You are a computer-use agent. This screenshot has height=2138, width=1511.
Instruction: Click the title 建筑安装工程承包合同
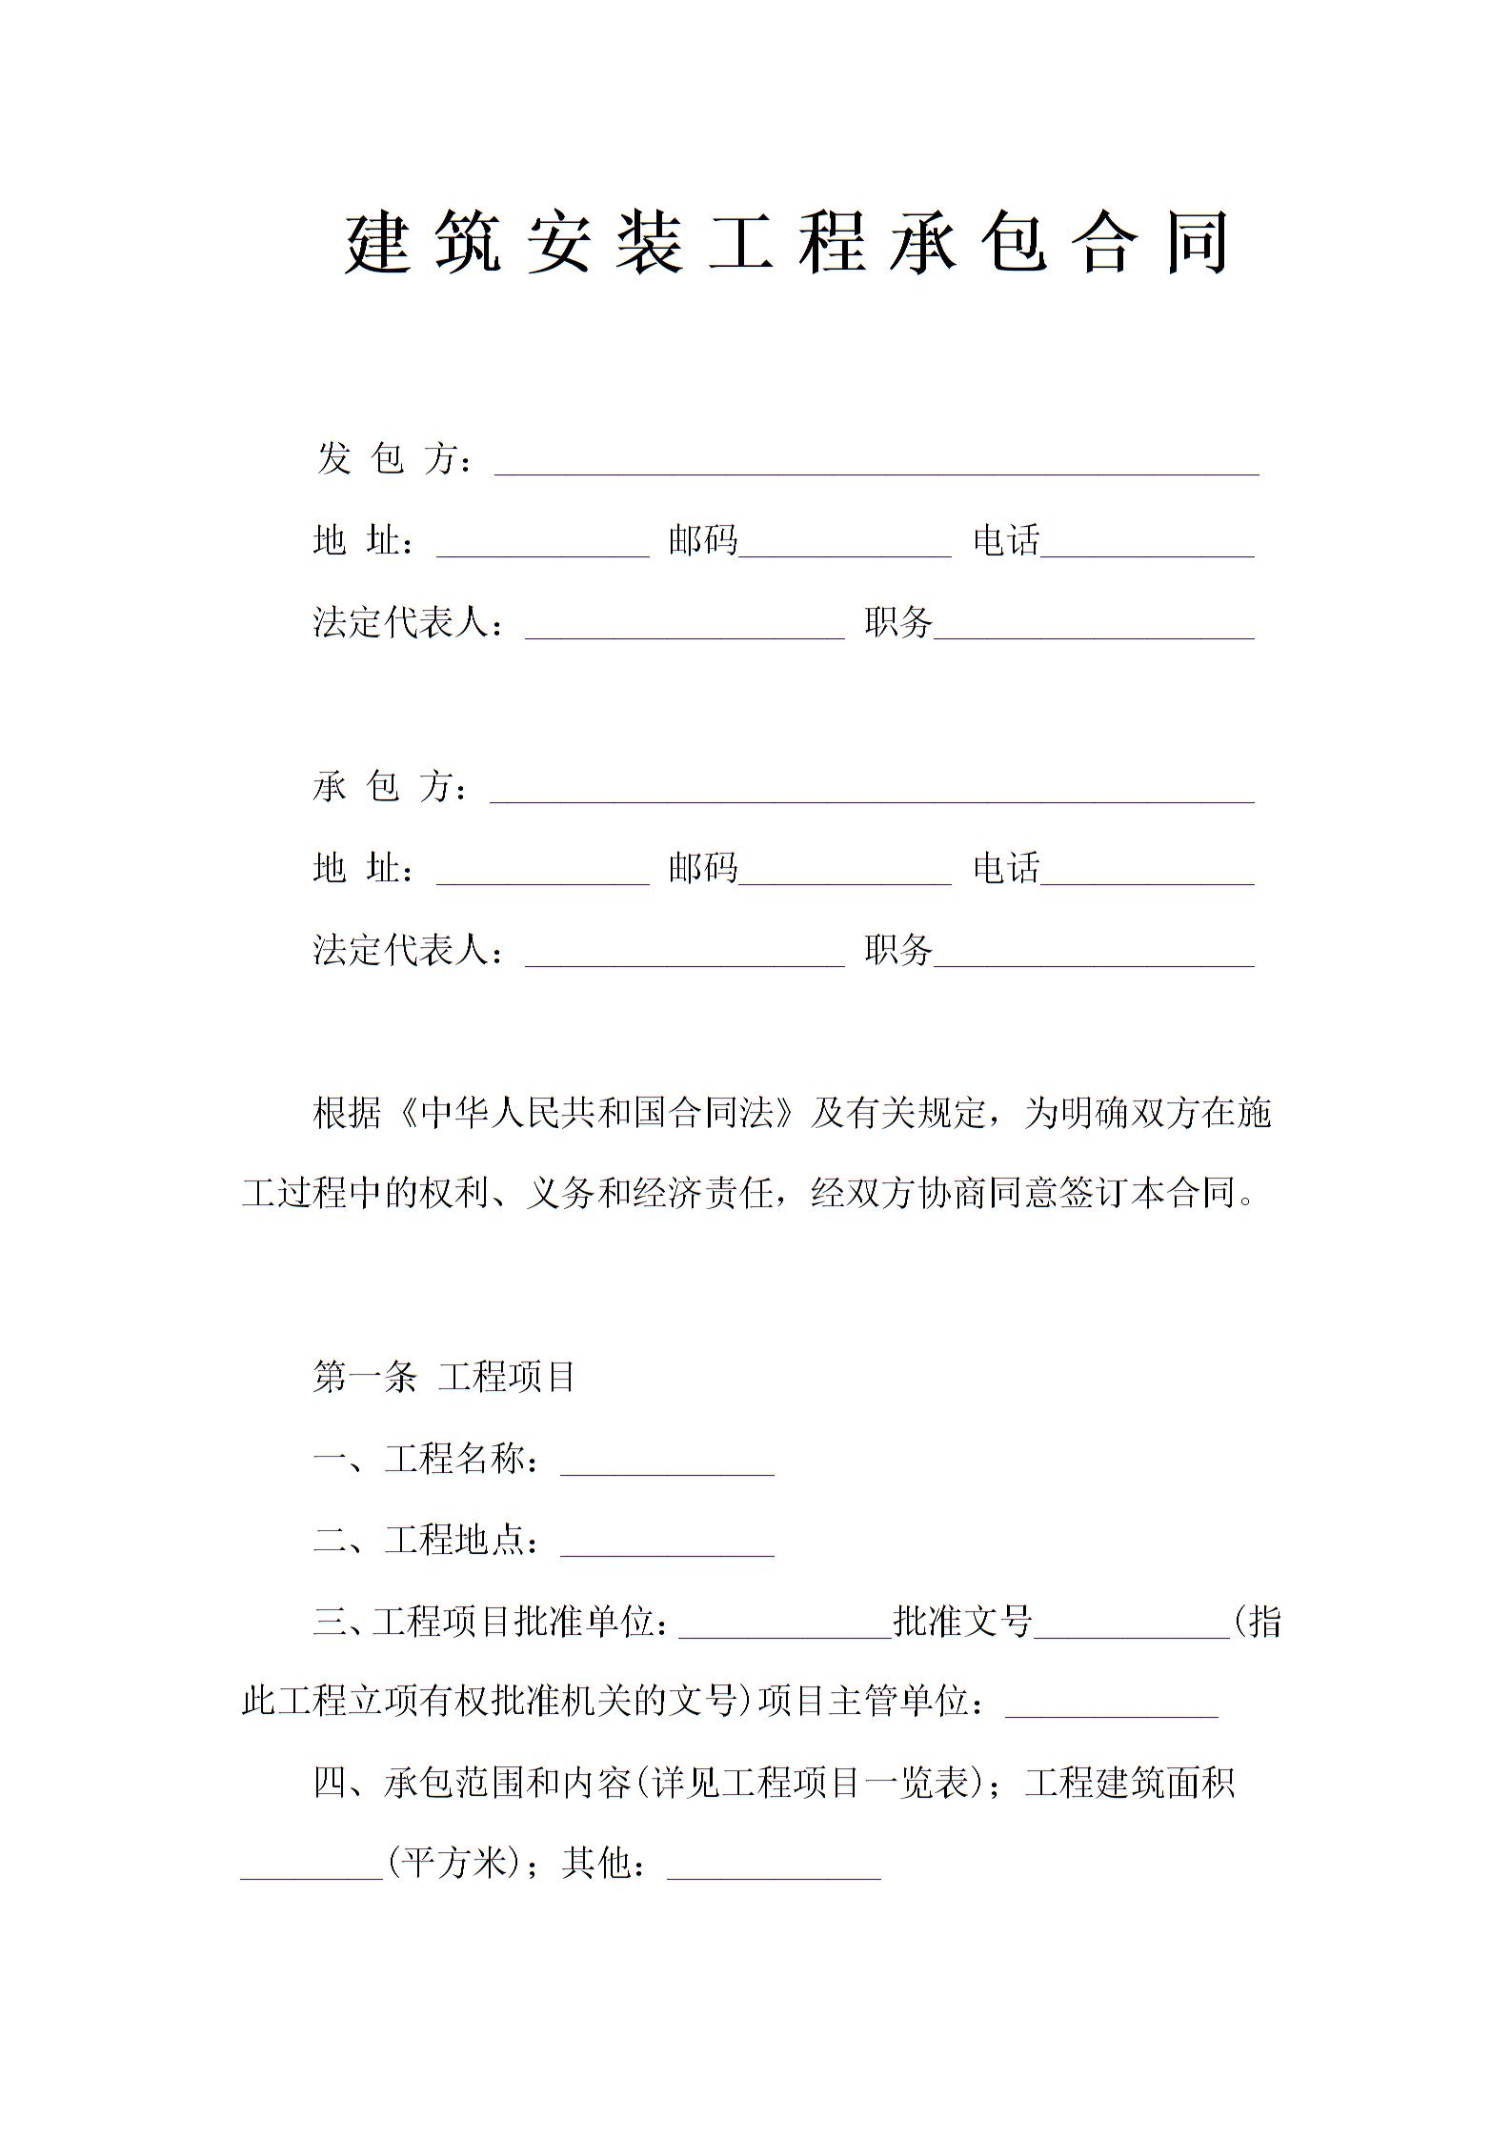tap(786, 243)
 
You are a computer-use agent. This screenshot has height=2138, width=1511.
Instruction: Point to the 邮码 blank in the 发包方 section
tap(845, 548)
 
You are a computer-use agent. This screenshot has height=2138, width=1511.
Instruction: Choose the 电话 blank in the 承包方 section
tap(1147, 876)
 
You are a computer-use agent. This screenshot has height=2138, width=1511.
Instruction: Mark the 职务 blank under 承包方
tap(1094, 958)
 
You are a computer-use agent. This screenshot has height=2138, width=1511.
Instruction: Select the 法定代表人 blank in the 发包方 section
tap(684, 630)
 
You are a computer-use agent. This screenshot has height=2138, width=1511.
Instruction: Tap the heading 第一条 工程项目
tap(444, 1377)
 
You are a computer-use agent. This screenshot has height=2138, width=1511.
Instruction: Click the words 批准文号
tap(963, 1621)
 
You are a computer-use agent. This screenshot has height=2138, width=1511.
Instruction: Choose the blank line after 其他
tap(774, 1870)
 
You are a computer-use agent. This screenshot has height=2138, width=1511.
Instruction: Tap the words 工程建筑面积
tap(1130, 1783)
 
